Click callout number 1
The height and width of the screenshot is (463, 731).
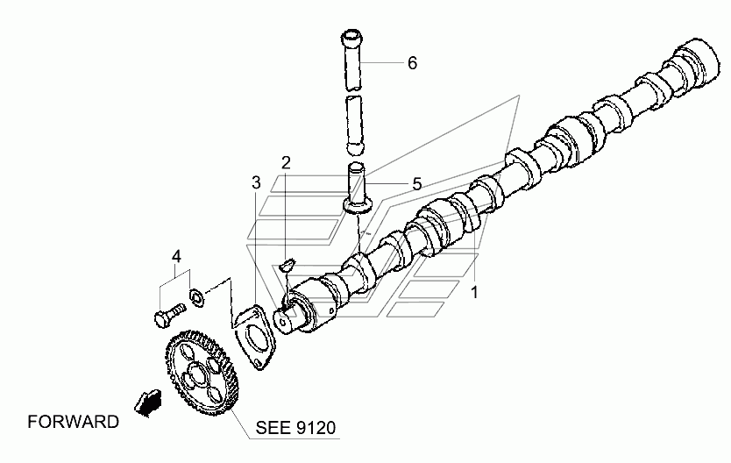click(x=474, y=291)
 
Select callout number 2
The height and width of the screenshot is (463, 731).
click(x=286, y=162)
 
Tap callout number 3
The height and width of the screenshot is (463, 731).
click(x=256, y=182)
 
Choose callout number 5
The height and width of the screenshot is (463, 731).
click(x=417, y=183)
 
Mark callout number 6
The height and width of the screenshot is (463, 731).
click(x=411, y=63)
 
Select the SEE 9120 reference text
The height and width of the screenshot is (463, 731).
click(x=295, y=429)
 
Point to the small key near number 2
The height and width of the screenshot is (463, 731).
click(x=286, y=261)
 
